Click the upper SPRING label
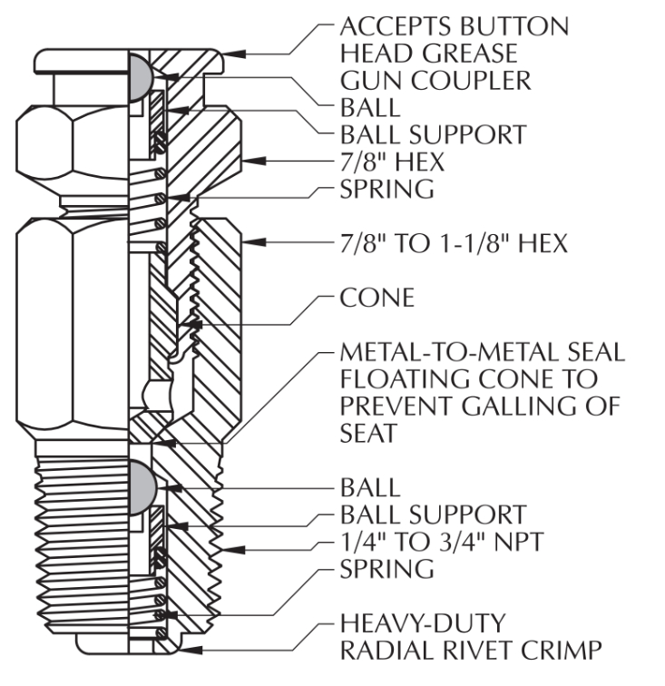[386, 189]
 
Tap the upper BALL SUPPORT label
[432, 134]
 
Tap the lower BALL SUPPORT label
[432, 514]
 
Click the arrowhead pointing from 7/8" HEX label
[254, 161]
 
